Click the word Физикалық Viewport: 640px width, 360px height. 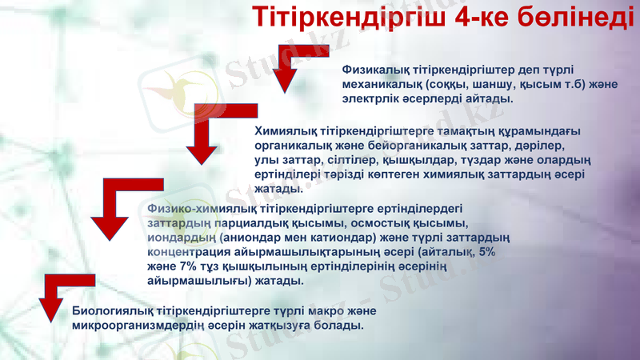point(374,70)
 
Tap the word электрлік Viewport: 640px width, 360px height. point(370,99)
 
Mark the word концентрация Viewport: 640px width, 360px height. point(188,252)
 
